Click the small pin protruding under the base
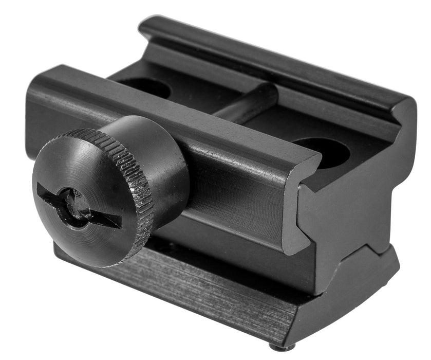coord(288,347)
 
